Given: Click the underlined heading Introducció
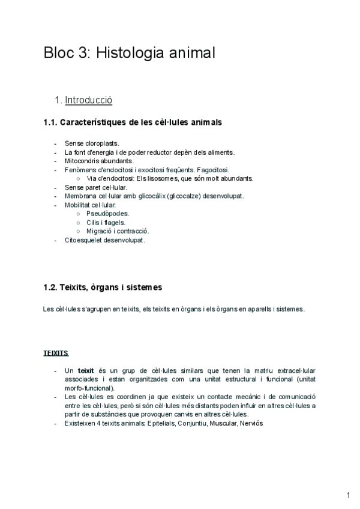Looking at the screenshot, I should click(88, 100).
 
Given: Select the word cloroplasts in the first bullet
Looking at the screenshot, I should click(102, 143).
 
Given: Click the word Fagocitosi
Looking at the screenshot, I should click(212, 170).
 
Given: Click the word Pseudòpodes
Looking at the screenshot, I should click(107, 213).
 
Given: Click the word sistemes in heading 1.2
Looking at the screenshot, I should click(143, 288).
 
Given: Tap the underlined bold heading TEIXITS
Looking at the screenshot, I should click(56, 353).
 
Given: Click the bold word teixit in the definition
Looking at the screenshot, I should click(87, 371).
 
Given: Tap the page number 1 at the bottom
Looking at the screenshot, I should click(348, 495).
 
